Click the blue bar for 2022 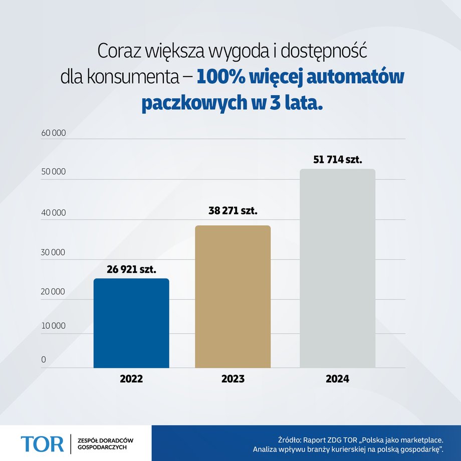(x=131, y=323)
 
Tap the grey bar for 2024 (x=337, y=268)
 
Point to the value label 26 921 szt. (x=131, y=269)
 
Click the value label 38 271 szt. (x=233, y=211)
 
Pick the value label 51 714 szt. (x=337, y=160)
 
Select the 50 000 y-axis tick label (x=54, y=172)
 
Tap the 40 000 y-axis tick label (x=54, y=213)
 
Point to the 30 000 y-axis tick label (x=54, y=253)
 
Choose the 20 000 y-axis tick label (x=54, y=292)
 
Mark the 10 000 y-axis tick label (x=54, y=326)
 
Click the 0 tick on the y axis (x=44, y=360)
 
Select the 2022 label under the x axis (x=131, y=379)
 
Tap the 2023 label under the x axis (x=233, y=379)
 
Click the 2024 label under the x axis (x=337, y=379)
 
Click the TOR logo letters (x=42, y=443)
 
